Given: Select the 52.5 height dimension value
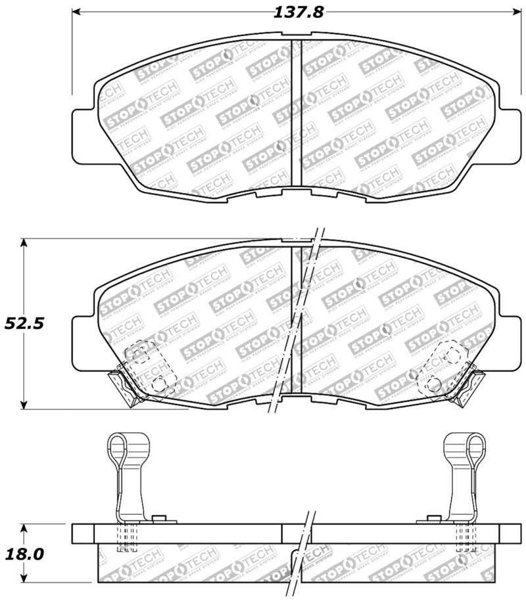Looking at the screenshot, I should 21,323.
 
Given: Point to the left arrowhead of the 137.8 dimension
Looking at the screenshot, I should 75,11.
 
